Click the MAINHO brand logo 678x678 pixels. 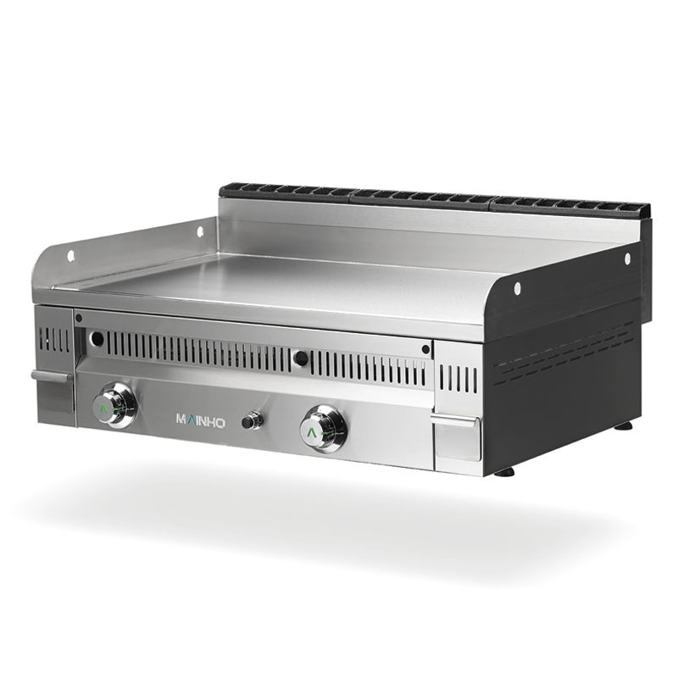[201, 420]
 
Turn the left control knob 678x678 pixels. [114, 405]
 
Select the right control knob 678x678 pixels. [324, 428]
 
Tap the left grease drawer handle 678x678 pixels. [52, 375]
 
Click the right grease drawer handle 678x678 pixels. [455, 420]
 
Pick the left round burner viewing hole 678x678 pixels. [98, 337]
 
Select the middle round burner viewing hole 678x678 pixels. [302, 358]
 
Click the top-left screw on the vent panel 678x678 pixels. [79, 319]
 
